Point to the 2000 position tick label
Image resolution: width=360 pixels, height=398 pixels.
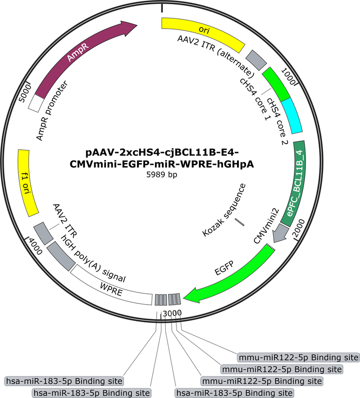(299, 228)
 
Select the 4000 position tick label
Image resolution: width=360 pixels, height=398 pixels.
(35, 246)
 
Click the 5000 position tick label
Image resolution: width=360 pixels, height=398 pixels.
(25, 93)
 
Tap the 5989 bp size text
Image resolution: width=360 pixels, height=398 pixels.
(162, 175)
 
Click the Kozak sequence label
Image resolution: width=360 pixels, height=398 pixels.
(224, 210)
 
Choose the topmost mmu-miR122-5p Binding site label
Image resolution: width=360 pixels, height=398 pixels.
(299, 357)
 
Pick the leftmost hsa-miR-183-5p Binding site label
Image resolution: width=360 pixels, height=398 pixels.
(64, 381)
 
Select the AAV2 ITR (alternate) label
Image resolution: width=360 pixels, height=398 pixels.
(216, 56)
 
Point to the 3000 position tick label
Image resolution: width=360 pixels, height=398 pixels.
(172, 313)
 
